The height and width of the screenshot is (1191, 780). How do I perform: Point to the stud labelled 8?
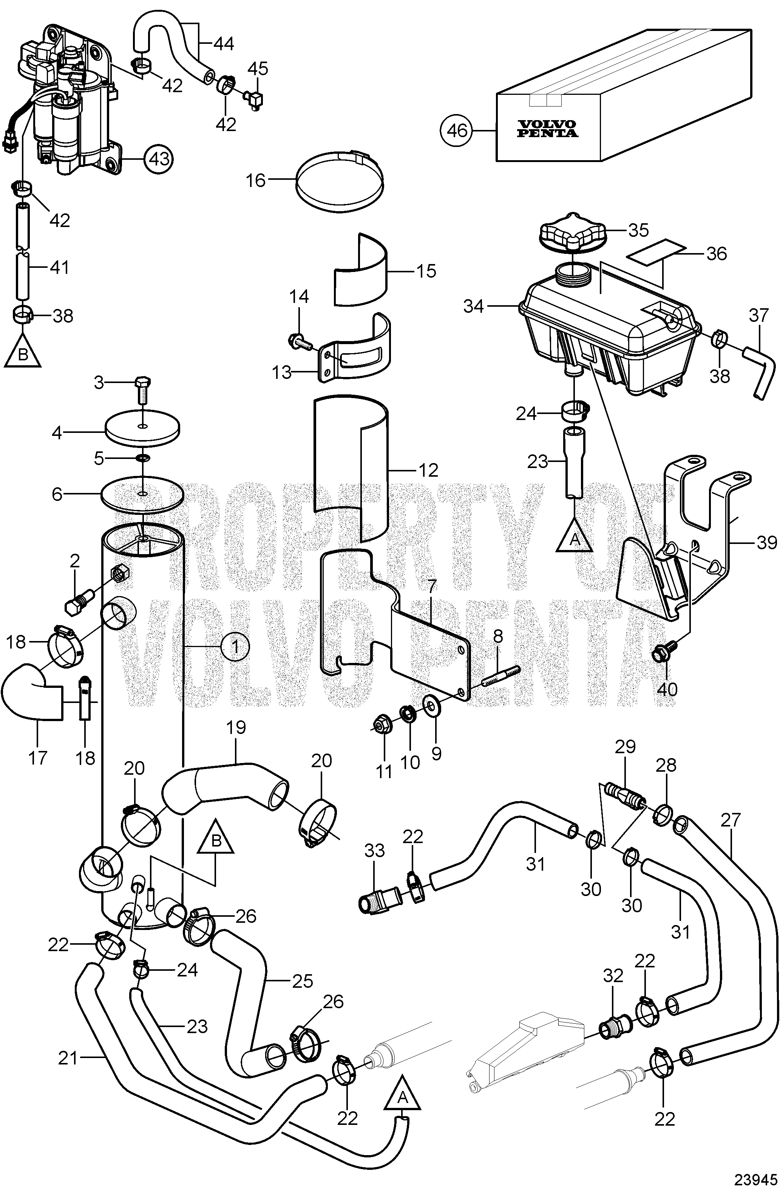(501, 676)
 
